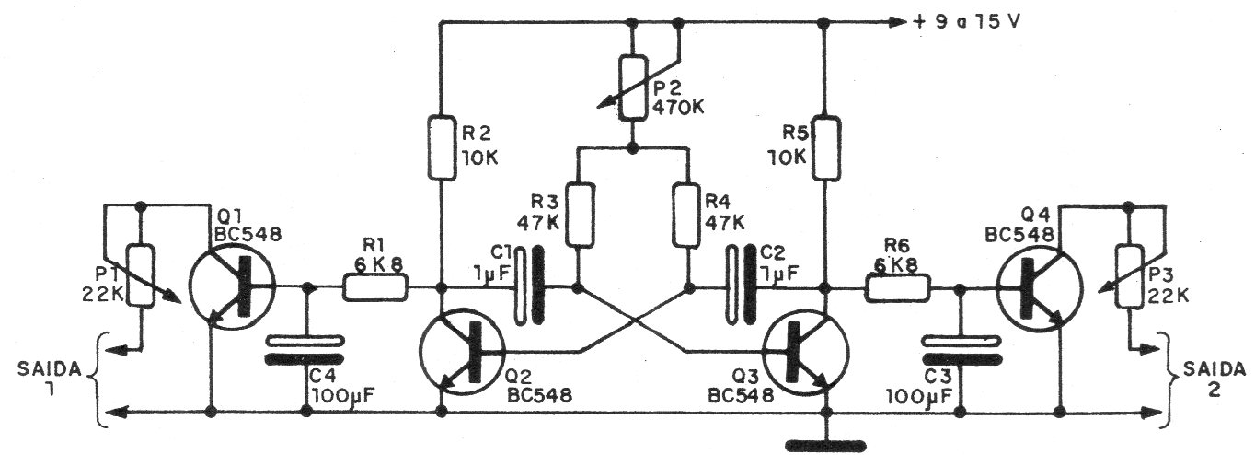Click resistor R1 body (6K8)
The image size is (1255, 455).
[376, 288]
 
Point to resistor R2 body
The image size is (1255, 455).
[443, 146]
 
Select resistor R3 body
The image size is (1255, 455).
[578, 216]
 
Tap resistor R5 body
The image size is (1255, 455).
[824, 146]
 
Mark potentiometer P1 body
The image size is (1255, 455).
[140, 275]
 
